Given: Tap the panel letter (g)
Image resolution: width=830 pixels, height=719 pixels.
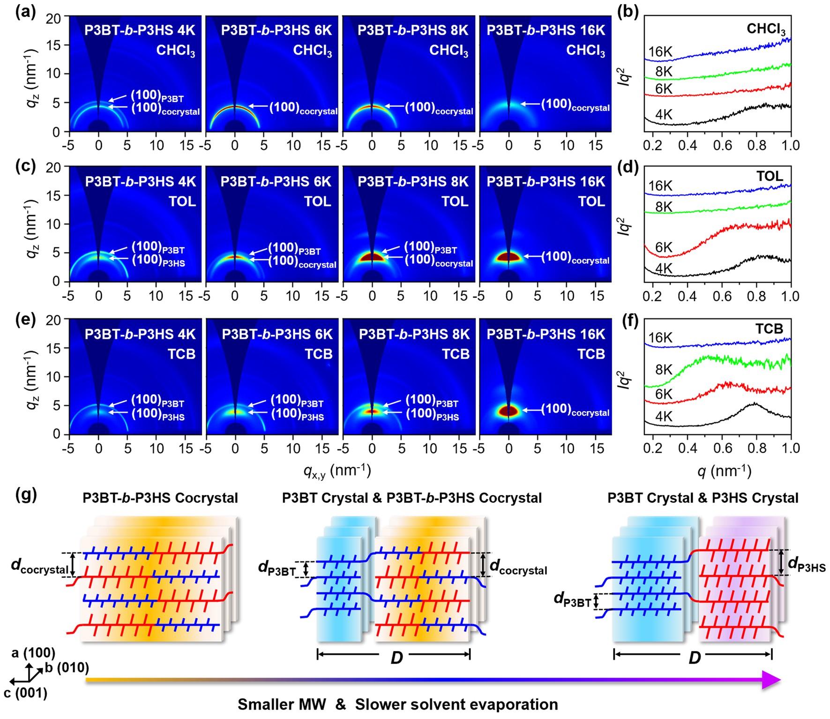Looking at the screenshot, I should click(26, 494).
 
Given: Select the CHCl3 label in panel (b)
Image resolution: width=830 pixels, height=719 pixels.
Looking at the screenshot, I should click(766, 30).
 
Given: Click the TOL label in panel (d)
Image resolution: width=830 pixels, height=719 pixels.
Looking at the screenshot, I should click(769, 176).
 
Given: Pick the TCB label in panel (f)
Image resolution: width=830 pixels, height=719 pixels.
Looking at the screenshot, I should click(769, 329).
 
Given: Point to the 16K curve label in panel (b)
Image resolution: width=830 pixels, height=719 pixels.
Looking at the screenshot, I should click(660, 52).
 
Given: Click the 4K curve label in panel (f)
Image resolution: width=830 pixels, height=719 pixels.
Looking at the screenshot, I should click(664, 416).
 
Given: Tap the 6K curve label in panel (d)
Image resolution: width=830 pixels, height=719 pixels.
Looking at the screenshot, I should click(664, 247).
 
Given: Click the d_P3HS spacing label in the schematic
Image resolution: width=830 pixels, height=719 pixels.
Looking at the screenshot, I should click(806, 564).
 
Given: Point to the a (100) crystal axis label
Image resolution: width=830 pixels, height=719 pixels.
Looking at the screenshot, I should click(33, 653).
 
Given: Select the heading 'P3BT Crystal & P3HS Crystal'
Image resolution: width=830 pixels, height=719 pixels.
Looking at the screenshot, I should click(703, 498).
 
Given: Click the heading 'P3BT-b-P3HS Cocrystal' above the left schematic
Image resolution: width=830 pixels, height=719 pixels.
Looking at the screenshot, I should click(160, 498).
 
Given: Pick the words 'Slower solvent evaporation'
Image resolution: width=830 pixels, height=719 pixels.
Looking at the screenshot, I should click(456, 704).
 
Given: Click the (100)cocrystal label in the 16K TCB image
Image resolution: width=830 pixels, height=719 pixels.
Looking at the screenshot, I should click(575, 410).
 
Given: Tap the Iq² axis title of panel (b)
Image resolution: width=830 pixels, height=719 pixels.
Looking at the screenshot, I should click(624, 76).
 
